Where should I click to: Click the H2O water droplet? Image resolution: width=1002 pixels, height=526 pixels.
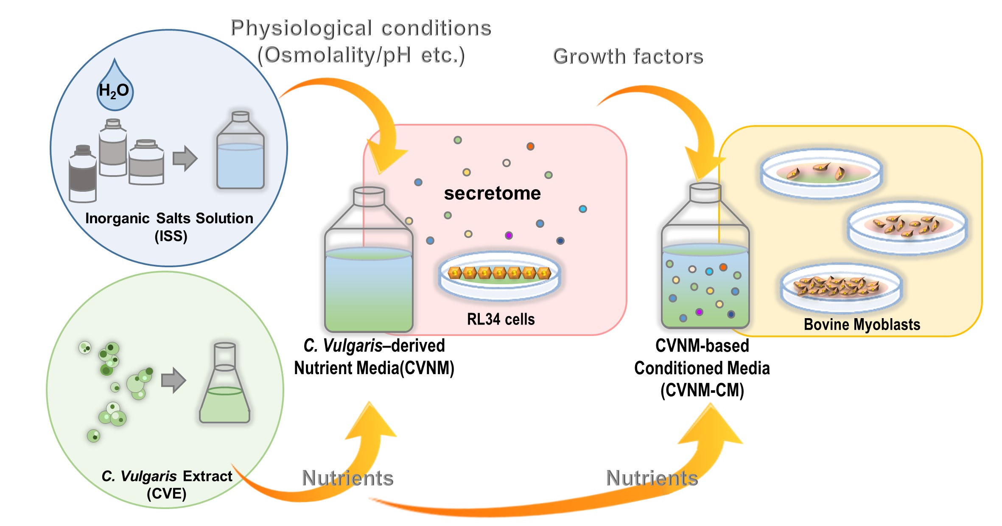click(x=115, y=90)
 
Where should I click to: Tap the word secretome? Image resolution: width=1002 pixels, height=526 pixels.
click(x=492, y=193)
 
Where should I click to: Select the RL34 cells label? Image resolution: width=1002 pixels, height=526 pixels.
click(x=501, y=319)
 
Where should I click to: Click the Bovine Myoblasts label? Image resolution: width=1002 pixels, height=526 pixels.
click(x=862, y=325)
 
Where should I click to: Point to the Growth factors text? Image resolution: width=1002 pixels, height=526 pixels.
click(x=628, y=56)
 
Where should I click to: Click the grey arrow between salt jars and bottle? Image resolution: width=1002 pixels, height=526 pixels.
click(x=185, y=159)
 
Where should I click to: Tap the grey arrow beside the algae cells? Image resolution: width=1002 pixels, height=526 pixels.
click(x=174, y=380)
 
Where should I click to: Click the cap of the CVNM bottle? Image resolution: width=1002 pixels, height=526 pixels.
click(x=369, y=196)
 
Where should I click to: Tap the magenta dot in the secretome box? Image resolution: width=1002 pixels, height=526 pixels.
click(x=509, y=235)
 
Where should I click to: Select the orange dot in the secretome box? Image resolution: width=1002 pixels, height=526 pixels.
click(x=530, y=146)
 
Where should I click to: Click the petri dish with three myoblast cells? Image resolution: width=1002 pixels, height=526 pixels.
click(x=821, y=174)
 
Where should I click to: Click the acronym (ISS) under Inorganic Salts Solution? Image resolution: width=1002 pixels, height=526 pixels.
click(x=171, y=236)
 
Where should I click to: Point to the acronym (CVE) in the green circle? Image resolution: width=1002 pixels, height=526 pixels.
click(x=166, y=494)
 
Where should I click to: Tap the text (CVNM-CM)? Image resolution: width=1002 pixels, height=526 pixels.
click(x=702, y=390)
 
